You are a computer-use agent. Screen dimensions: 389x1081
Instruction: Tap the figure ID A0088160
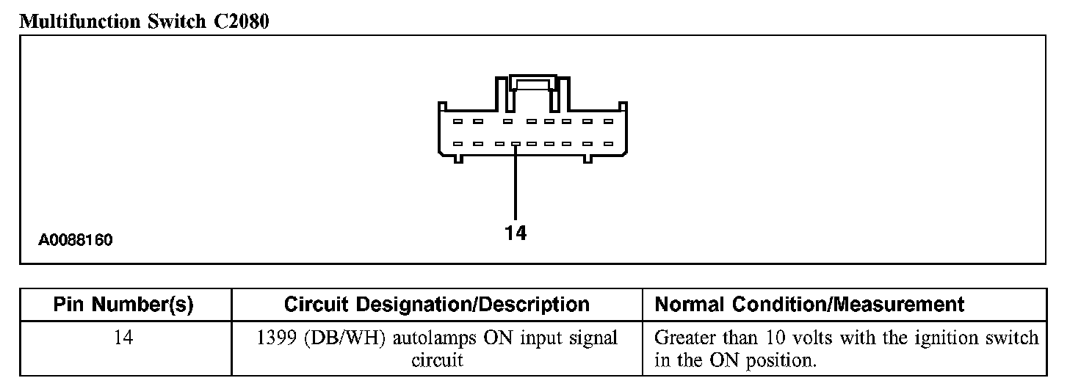tap(76, 240)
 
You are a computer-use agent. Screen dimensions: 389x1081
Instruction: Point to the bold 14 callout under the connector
tap(516, 233)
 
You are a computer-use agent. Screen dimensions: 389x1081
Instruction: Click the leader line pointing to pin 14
tap(516, 183)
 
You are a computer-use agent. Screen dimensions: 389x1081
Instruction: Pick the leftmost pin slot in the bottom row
tap(457, 145)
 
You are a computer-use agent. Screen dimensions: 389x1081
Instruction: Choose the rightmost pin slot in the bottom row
tap(608, 145)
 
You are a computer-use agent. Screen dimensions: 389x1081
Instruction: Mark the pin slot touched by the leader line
tap(516, 145)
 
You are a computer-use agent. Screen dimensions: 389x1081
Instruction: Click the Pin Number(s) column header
tap(123, 305)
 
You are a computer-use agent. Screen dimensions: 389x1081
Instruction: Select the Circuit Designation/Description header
tap(436, 305)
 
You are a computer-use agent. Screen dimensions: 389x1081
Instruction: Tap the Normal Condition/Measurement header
tap(809, 305)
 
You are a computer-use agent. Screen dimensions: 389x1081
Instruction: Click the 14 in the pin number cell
tap(123, 339)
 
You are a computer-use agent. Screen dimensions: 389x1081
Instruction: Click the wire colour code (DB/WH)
tap(343, 339)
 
